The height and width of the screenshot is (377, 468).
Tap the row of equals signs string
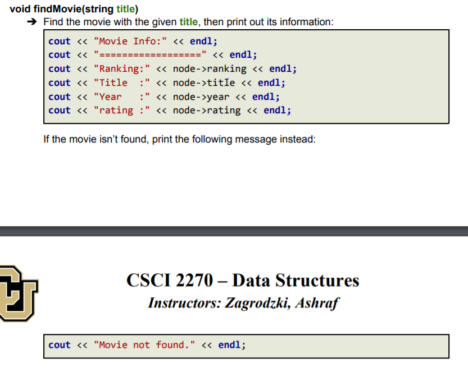coord(151,55)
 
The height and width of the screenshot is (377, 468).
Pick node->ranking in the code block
coord(210,69)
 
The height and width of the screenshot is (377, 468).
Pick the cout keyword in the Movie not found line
coord(60,345)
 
